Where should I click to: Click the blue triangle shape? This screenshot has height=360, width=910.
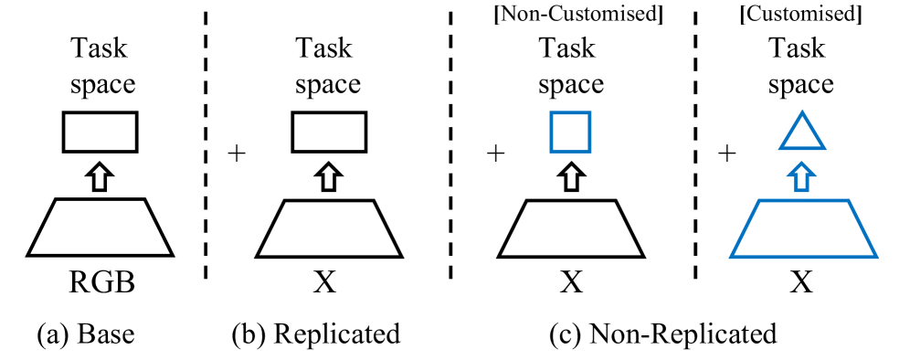tap(802, 133)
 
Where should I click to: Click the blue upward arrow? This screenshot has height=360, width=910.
tap(802, 175)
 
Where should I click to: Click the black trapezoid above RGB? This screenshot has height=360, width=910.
tap(100, 229)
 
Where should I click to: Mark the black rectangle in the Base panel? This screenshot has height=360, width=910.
tap(100, 132)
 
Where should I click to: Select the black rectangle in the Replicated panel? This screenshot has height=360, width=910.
tap(329, 132)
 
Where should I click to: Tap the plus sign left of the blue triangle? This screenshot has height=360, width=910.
tap(727, 154)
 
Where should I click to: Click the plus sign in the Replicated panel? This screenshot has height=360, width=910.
tap(239, 154)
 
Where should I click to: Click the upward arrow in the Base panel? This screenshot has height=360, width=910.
tap(100, 175)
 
